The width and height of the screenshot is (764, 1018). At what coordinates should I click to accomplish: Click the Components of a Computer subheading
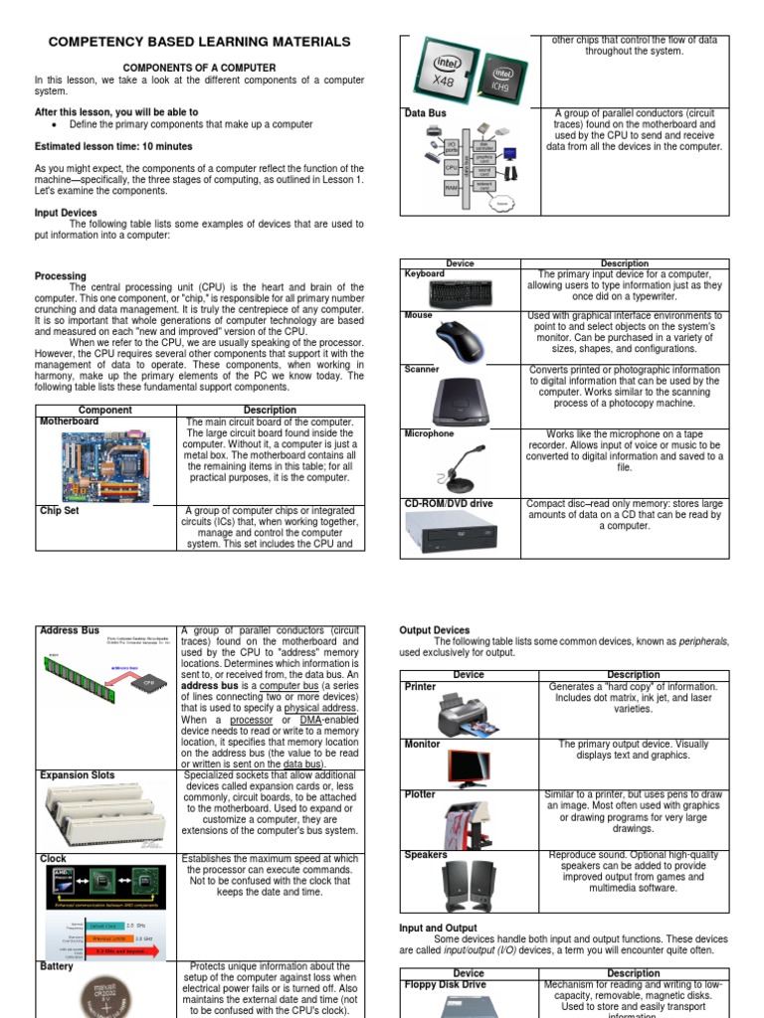coord(199,68)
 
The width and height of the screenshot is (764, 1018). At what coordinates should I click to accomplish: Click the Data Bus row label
coord(425,113)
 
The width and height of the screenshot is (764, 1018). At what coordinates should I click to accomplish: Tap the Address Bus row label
coord(70,630)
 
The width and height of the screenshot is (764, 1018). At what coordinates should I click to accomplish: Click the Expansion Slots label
coord(78,774)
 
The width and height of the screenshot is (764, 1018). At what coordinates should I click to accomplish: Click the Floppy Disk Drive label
coord(446,984)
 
